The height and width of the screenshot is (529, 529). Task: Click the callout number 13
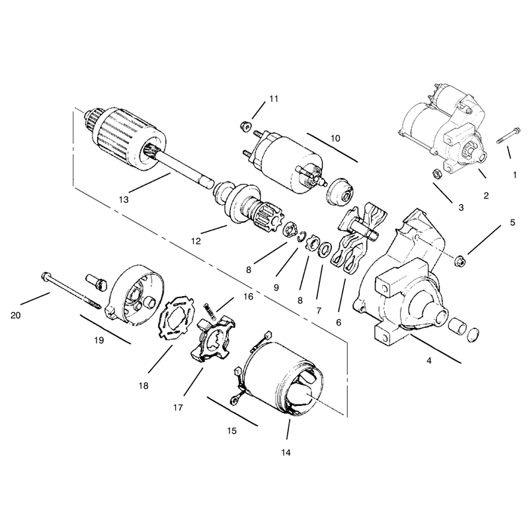point(124,200)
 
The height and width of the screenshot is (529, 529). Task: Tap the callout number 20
point(15,315)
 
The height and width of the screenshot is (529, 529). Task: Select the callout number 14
point(286,453)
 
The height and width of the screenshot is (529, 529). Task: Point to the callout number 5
point(512,223)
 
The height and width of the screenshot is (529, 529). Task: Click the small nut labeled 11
point(245,126)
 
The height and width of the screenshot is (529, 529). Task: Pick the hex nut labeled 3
point(436,175)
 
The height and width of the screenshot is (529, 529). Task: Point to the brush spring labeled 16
point(209,310)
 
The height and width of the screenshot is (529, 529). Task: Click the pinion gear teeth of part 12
point(269,216)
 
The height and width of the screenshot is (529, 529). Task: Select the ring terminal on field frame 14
point(234,400)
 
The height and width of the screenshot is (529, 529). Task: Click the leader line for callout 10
point(333,147)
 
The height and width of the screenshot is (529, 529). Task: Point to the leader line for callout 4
point(436,349)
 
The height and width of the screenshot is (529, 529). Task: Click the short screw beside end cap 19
point(97,282)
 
